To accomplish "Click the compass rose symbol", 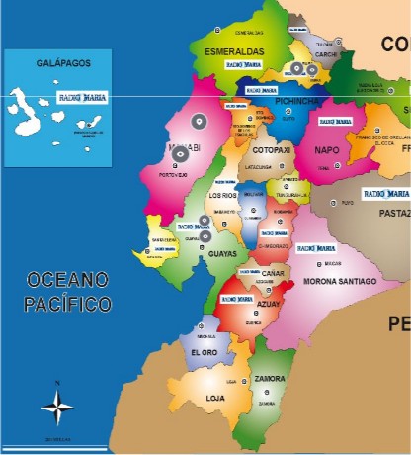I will [57, 405].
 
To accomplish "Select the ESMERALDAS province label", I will [234, 50].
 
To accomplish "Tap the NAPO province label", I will [326, 150].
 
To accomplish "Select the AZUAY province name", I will [269, 304].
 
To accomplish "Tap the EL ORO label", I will [204, 352].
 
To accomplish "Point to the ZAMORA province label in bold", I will [270, 379].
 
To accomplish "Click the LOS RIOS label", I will [222, 195].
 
